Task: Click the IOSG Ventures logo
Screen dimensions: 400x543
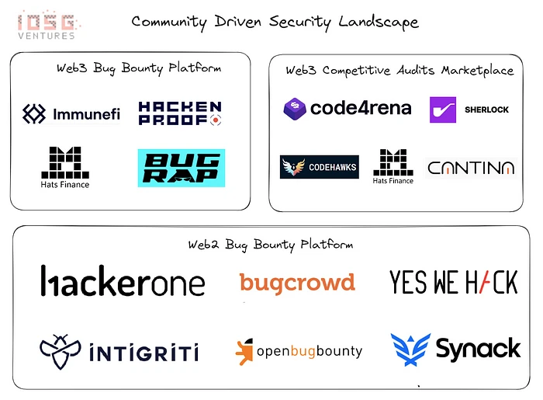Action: click(x=47, y=24)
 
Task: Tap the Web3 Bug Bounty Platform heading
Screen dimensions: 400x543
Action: click(x=139, y=68)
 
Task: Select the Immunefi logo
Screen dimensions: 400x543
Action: click(x=71, y=114)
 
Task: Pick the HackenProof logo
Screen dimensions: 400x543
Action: click(x=180, y=113)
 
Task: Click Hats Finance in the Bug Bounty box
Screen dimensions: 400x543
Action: click(x=65, y=167)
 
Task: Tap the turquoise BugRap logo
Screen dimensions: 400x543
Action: click(x=181, y=168)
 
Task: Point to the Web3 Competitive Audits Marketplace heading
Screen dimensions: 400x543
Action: click(x=399, y=71)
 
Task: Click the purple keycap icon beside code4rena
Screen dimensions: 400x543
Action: click(x=295, y=109)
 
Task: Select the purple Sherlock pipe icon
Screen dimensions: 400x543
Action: click(x=443, y=110)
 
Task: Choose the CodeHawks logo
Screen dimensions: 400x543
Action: click(x=319, y=167)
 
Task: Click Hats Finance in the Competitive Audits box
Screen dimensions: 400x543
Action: click(x=393, y=167)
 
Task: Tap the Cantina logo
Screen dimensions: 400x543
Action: click(x=470, y=167)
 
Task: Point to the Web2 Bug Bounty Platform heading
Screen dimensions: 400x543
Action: click(x=270, y=245)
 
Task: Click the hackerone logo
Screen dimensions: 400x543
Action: click(x=123, y=282)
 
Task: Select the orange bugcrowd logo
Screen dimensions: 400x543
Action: click(x=297, y=282)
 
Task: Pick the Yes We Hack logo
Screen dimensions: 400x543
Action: click(x=453, y=282)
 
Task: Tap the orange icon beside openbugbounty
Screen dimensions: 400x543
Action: click(x=244, y=351)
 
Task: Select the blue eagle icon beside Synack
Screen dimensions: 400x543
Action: click(x=410, y=350)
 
